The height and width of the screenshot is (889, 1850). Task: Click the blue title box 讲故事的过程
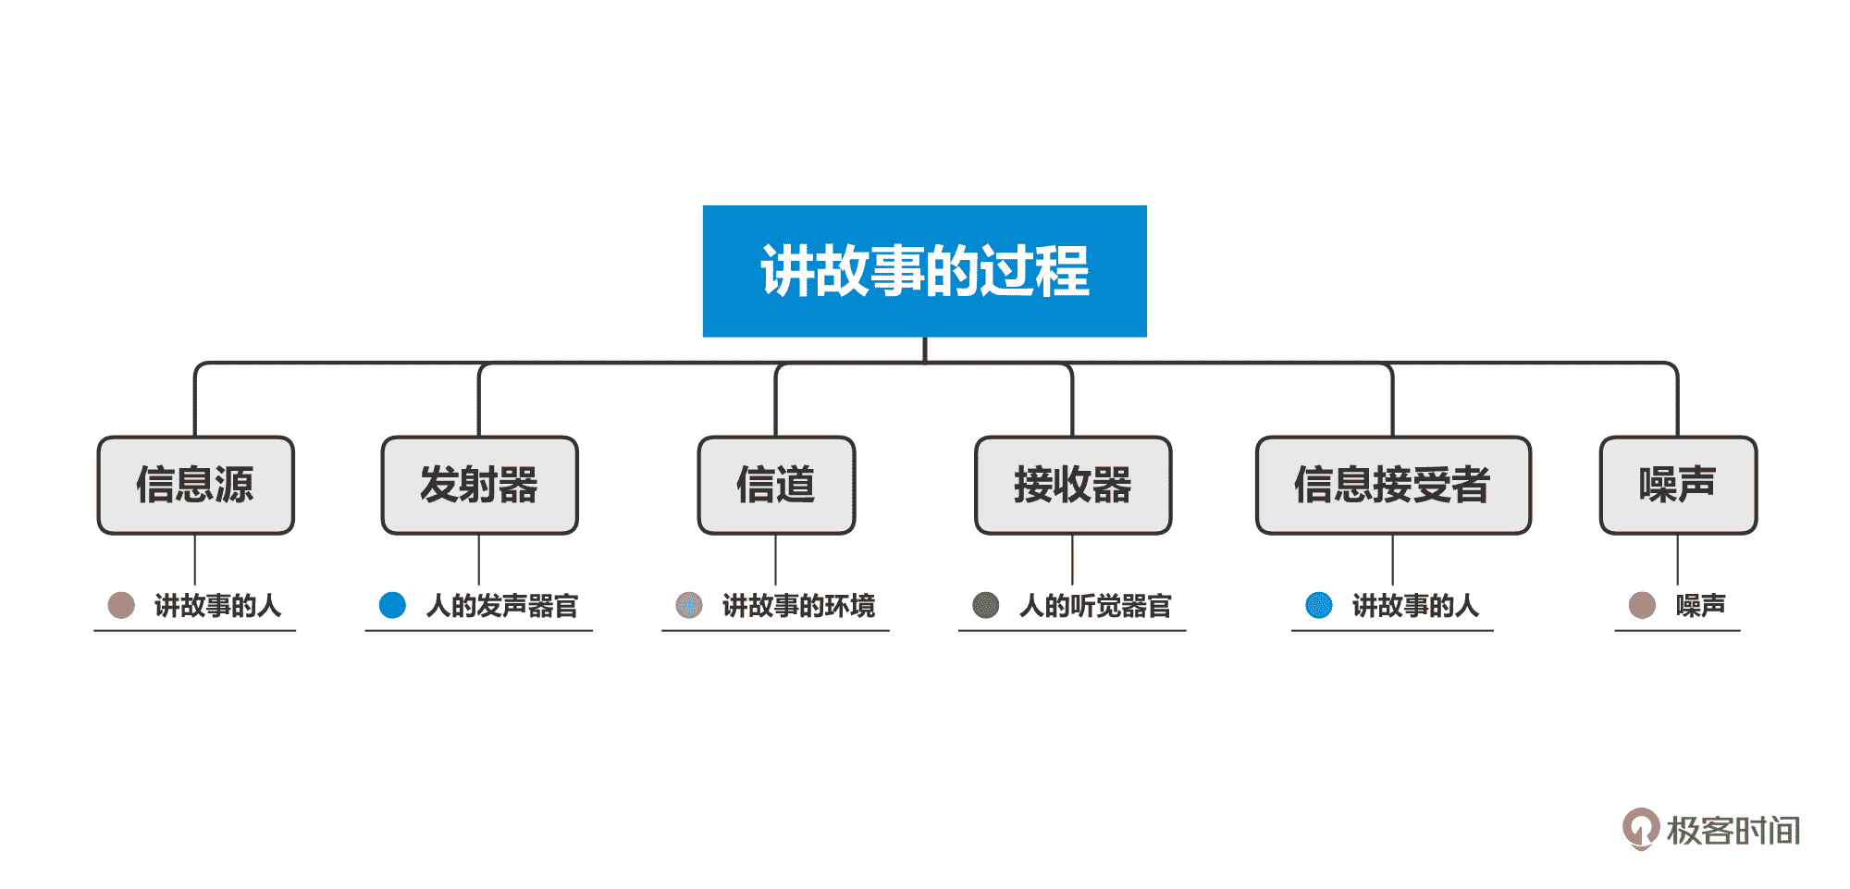coord(925,271)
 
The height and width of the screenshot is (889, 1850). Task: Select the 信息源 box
coord(195,485)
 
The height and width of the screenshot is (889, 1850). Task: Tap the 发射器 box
coord(479,485)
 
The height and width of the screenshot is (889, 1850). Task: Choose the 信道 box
coord(776,485)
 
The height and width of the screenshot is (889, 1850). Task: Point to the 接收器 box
coord(1073,485)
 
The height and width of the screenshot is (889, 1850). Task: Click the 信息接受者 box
coord(1392,485)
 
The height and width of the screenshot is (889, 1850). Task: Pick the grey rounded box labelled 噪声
coord(1678,485)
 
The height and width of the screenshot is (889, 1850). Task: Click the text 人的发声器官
coord(502,606)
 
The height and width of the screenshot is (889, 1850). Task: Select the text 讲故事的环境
coord(798,606)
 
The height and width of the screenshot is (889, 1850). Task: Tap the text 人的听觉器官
coord(1095,606)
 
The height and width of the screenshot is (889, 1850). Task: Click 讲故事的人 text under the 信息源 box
coord(217,606)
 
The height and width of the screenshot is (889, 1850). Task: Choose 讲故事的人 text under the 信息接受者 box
coord(1415,606)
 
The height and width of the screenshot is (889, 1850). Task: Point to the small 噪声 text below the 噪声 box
coord(1700,606)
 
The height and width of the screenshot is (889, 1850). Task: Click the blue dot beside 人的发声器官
coord(393,605)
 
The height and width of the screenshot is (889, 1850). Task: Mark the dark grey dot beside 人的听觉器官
coord(986,605)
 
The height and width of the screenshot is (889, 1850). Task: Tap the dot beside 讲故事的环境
coord(689,605)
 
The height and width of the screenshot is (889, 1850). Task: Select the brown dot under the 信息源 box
coord(121,605)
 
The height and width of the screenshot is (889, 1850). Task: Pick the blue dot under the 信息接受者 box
coord(1319,605)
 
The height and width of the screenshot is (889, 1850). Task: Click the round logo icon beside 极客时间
coord(1641,828)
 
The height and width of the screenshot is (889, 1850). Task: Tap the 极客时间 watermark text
coord(1733,831)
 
